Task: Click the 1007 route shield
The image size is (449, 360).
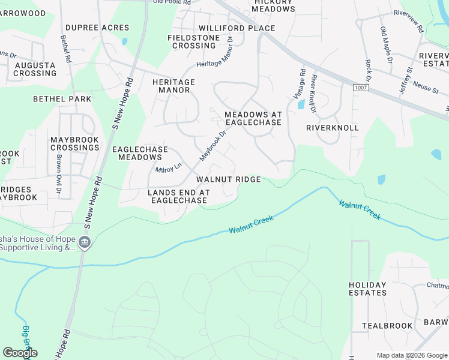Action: pyautogui.click(x=361, y=88)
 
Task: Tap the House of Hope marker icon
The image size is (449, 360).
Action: pyautogui.click(x=85, y=242)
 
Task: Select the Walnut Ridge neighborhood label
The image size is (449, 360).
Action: pyautogui.click(x=228, y=179)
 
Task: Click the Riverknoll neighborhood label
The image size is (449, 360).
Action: pyautogui.click(x=332, y=128)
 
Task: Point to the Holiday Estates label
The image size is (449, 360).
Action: pyautogui.click(x=367, y=289)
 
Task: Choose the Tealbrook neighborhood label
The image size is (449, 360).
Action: pyautogui.click(x=387, y=326)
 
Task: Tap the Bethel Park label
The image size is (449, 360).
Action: pyautogui.click(x=62, y=99)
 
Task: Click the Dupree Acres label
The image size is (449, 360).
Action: pyautogui.click(x=97, y=28)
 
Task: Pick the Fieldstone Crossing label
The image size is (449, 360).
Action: pyautogui.click(x=191, y=41)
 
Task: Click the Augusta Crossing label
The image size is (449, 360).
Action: pyautogui.click(x=35, y=69)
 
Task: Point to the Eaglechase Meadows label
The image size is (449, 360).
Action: pyautogui.click(x=140, y=153)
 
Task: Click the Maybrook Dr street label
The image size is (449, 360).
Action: pyautogui.click(x=213, y=145)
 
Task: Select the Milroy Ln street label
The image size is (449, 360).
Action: pyautogui.click(x=169, y=169)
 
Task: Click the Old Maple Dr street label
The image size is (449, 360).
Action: pyautogui.click(x=385, y=46)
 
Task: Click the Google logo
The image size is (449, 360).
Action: pyautogui.click(x=20, y=353)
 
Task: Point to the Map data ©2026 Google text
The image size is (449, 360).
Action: pyautogui.click(x=411, y=355)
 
